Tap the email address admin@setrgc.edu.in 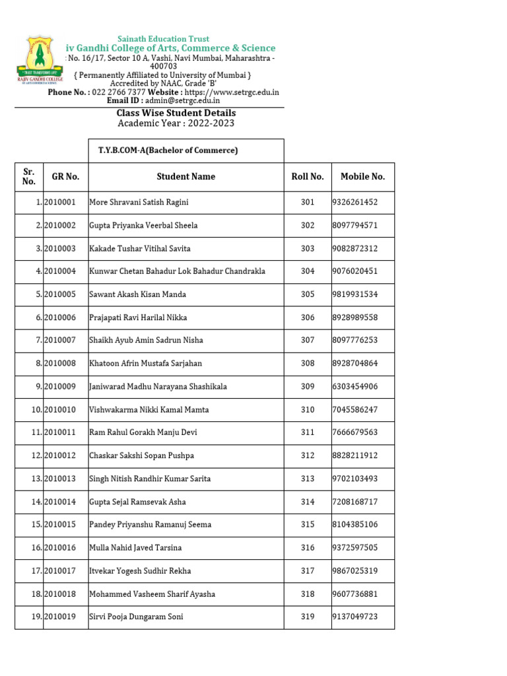(178, 101)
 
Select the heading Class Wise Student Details (176, 113)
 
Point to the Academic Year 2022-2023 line (176, 123)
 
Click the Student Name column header (186, 177)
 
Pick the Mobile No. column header (362, 177)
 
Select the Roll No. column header (308, 177)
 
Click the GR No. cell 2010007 (60, 341)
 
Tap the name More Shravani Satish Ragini (139, 203)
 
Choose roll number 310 (308, 410)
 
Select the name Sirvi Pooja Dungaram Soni (136, 617)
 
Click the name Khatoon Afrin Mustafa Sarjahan (145, 364)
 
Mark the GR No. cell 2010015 (60, 525)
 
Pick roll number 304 (308, 271)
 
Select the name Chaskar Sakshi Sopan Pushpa (141, 456)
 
